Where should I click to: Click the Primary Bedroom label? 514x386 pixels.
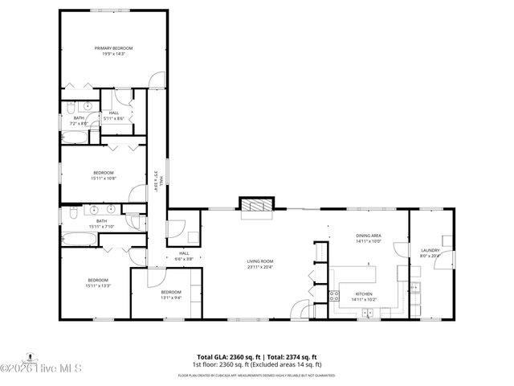(113, 48)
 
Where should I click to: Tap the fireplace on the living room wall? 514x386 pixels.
(258, 205)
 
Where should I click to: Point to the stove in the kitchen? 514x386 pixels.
(332, 295)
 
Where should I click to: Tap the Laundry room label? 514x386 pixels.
(430, 251)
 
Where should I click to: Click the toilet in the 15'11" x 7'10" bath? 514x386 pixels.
(72, 212)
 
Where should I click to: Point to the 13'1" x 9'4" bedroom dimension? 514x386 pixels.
(170, 298)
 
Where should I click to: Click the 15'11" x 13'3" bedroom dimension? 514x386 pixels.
(99, 285)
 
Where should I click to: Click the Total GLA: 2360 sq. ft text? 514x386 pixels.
(226, 356)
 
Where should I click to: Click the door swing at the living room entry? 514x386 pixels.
(299, 310)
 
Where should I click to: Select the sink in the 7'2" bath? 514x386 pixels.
(87, 106)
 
